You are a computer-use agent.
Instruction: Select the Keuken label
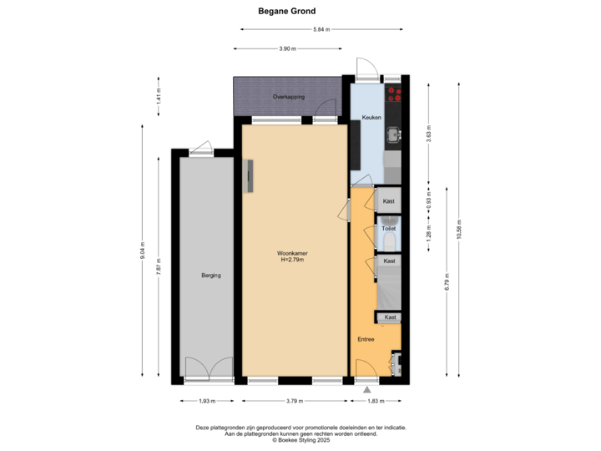(x=372, y=118)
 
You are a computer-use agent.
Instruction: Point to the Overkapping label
(x=288, y=97)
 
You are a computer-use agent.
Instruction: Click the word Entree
(x=366, y=340)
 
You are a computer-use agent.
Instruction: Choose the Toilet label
(x=388, y=227)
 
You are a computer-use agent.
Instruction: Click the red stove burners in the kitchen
(x=394, y=94)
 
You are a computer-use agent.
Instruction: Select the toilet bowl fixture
(x=389, y=243)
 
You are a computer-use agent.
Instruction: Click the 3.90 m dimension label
(x=286, y=49)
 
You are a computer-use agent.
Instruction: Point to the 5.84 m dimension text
(x=321, y=29)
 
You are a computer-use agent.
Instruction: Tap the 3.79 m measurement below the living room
(x=292, y=401)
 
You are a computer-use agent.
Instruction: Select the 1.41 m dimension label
(x=158, y=96)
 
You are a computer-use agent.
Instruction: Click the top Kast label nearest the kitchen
(x=388, y=202)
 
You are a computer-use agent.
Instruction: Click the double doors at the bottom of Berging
(x=209, y=367)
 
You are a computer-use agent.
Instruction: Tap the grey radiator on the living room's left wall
(x=248, y=177)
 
